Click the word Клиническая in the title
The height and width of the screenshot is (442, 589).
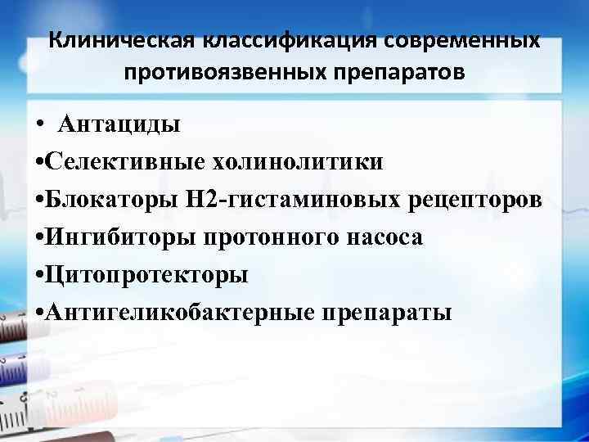click(x=122, y=40)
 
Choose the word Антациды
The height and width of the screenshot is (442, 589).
click(x=119, y=125)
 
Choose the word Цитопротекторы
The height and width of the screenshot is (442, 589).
click(x=147, y=276)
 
